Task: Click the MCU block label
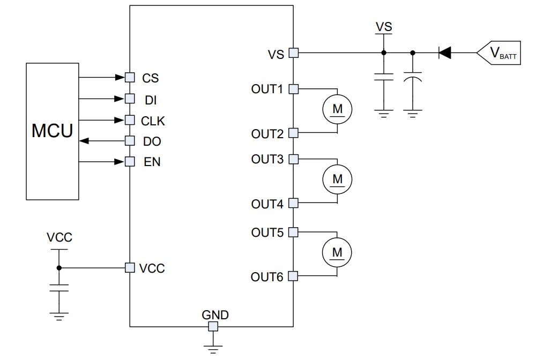[x=52, y=131]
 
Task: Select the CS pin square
[x=129, y=77]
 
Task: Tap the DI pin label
[x=150, y=99]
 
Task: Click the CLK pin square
[x=129, y=119]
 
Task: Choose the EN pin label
[x=152, y=162]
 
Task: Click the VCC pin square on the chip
[x=129, y=267]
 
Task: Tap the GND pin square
[x=213, y=326]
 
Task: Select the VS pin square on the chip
[x=293, y=52]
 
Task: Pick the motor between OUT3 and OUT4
[x=337, y=179]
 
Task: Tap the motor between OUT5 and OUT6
[x=337, y=252]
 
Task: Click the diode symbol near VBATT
[x=444, y=52]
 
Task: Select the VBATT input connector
[x=498, y=52]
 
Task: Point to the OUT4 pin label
[x=267, y=204]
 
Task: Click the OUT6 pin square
[x=293, y=276]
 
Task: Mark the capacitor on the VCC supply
[x=59, y=288]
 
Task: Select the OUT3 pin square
[x=293, y=159]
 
